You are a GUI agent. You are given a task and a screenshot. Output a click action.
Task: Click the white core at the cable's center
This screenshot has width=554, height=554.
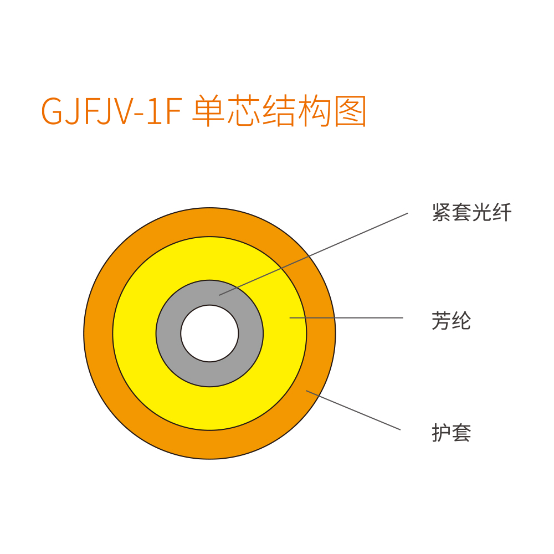point(209,333)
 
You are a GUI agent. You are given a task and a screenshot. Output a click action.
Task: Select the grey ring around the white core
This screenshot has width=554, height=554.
point(168,333)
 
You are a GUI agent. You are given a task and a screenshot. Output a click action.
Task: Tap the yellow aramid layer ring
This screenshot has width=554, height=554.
point(134,333)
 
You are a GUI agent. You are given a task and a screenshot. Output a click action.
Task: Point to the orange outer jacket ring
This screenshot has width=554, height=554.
point(98,333)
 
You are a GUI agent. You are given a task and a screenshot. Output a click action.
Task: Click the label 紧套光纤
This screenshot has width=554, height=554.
point(471,212)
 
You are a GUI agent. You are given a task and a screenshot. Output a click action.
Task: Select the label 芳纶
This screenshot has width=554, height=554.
point(451,321)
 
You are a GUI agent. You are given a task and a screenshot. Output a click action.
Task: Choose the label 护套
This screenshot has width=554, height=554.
point(451,433)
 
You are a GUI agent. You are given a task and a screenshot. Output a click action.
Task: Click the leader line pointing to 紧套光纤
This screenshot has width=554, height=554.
point(314,254)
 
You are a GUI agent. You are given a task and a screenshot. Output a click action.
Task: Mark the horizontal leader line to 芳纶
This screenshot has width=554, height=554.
point(346,317)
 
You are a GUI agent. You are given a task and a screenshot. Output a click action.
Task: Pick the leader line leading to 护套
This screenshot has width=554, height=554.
point(353,410)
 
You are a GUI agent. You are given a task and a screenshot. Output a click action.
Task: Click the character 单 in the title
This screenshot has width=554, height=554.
point(209,111)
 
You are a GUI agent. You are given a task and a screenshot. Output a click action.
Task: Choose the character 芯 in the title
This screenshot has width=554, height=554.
point(243,111)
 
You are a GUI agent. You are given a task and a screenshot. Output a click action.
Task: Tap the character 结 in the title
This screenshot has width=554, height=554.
point(279,111)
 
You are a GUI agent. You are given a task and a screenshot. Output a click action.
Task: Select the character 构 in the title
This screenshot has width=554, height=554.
point(314,111)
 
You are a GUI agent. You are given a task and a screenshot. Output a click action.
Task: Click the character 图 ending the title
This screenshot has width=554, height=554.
point(350,111)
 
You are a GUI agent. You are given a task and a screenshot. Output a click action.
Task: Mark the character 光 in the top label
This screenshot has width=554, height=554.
point(481,212)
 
